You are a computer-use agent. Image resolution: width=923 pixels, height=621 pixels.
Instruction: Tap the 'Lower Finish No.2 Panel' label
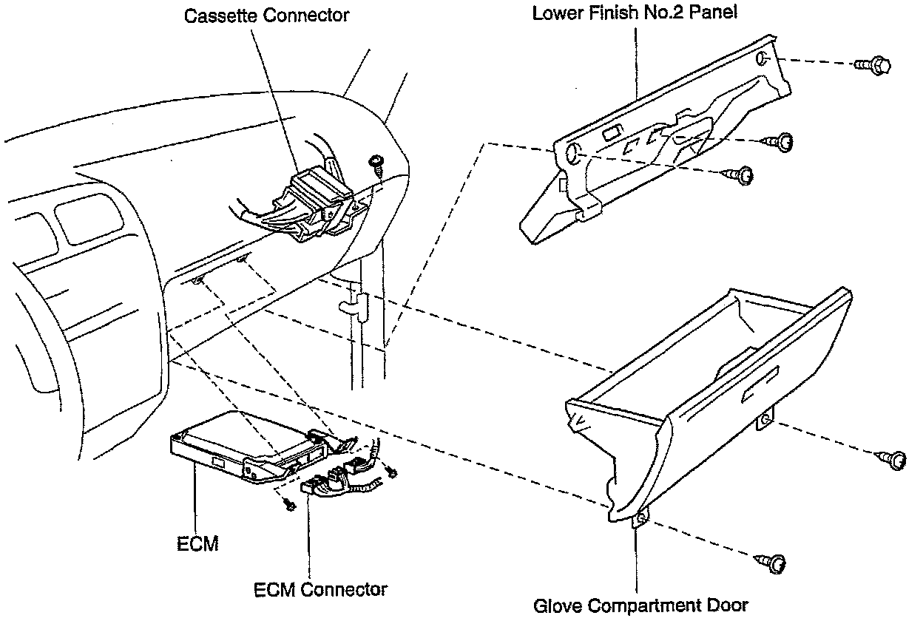point(635,13)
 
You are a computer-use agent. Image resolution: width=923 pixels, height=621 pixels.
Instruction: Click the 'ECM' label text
point(197,545)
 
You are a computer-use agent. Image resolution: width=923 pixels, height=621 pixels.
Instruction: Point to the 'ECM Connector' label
point(320,589)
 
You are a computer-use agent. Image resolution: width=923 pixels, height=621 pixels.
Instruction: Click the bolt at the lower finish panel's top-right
point(875,66)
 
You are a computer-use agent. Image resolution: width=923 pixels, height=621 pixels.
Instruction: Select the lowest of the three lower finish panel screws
point(740,174)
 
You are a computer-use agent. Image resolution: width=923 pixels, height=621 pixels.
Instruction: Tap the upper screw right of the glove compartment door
point(894,460)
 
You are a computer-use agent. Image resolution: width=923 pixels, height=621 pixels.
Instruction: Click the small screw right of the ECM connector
point(390,471)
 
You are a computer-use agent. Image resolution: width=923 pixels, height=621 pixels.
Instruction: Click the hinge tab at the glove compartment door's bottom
point(640,519)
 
